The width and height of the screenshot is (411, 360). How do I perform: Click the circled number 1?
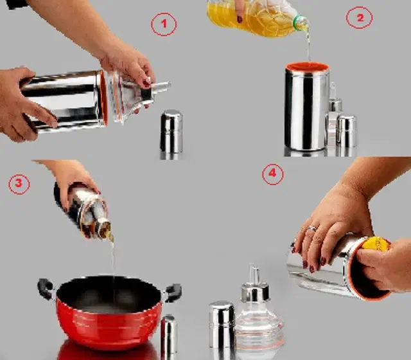164,24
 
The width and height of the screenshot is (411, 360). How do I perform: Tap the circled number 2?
360,18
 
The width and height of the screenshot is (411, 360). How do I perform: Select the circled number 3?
19,184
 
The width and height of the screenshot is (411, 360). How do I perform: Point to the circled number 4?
272,174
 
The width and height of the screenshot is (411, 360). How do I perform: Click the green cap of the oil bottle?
299,22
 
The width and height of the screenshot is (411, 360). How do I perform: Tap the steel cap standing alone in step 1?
171,131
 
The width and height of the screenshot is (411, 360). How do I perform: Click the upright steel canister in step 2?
307,106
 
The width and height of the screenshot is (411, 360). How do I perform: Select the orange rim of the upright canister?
307,67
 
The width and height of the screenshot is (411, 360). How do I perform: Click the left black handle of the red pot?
46,289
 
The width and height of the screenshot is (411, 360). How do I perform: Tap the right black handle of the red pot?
173,292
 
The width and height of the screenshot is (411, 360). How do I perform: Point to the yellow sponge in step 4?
376,244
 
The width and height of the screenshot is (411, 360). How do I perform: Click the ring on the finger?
312,229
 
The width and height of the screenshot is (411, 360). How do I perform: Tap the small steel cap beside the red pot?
169,334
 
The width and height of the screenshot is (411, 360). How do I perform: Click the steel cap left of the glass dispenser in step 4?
222,325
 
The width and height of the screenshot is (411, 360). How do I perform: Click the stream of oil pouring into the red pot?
113,265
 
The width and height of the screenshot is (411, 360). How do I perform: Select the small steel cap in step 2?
347,130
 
